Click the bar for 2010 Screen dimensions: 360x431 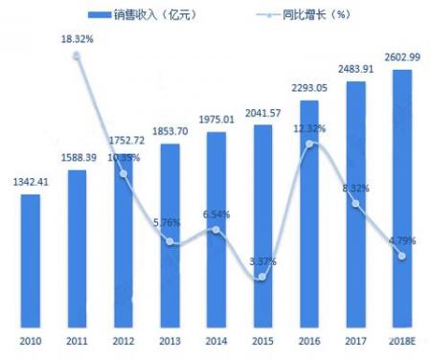(x=31, y=259)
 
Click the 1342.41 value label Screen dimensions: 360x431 (x=31, y=184)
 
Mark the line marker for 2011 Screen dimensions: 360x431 (x=78, y=56)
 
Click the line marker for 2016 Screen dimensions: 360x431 (x=309, y=145)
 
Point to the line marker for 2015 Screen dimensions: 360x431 (x=262, y=278)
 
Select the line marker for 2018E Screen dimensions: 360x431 (x=402, y=255)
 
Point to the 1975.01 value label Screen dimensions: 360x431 (x=216, y=121)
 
